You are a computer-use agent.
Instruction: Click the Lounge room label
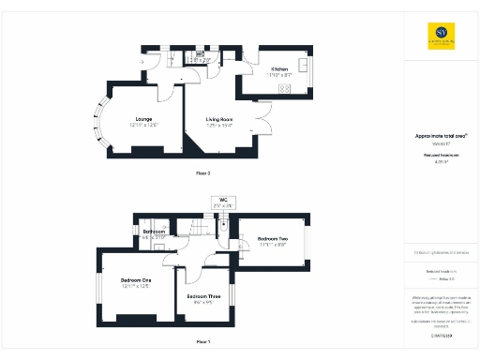click(x=144, y=120)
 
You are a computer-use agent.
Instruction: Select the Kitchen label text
click(x=279, y=69)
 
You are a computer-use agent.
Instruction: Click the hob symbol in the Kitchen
click(x=286, y=88)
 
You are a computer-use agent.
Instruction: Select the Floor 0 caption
click(x=202, y=173)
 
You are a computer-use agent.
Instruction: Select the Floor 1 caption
click(x=202, y=342)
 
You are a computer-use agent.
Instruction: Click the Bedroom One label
click(x=136, y=280)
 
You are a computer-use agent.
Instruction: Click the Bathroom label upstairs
click(x=154, y=232)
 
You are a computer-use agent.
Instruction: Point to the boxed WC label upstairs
click(x=223, y=202)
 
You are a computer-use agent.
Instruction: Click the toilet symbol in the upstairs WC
click(x=225, y=225)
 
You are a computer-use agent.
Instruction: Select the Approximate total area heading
click(x=442, y=135)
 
